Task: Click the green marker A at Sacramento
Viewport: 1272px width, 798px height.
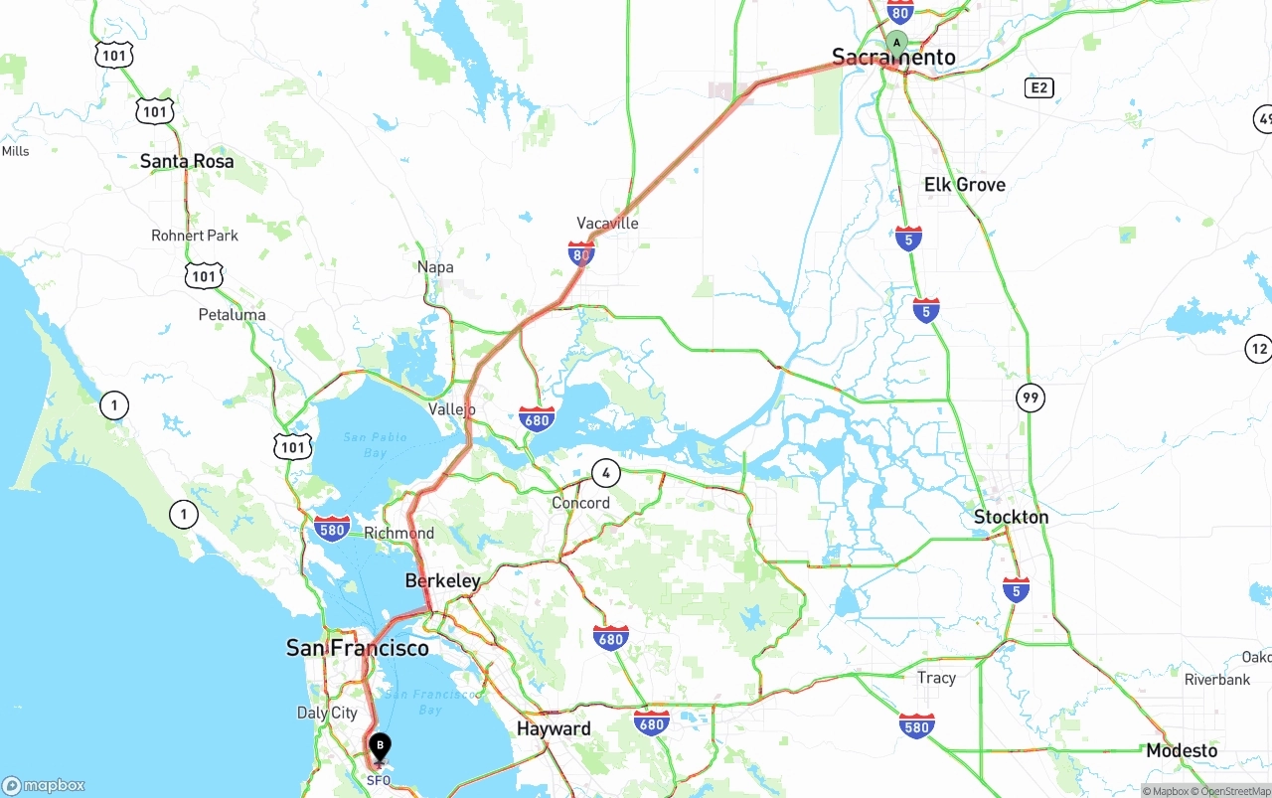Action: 896,43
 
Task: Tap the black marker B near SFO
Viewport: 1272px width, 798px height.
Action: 380,746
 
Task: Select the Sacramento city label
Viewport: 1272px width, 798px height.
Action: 893,58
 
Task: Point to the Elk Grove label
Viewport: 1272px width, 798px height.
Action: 964,185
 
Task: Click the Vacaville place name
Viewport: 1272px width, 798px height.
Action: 607,223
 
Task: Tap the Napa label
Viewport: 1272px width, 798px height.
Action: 435,266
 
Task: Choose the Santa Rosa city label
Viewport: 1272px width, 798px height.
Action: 187,161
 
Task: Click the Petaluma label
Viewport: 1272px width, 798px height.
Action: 232,315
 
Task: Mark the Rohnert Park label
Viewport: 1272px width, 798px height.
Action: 195,236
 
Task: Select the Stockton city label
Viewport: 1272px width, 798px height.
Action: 1011,517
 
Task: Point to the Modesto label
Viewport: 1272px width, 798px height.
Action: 1182,750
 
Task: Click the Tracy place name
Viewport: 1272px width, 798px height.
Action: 936,678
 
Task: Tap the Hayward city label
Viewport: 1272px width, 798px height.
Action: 554,728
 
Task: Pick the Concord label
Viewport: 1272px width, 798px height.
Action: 580,503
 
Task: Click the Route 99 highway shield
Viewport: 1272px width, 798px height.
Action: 1031,399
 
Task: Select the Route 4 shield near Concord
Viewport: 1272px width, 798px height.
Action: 605,473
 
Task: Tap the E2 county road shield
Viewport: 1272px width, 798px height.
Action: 1038,88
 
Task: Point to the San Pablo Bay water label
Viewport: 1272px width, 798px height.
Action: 376,444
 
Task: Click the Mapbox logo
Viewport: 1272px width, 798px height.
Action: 44,785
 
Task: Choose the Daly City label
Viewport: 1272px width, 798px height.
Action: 327,713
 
